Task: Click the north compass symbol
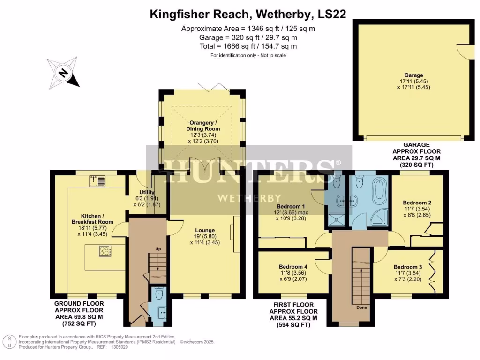tap(62, 73)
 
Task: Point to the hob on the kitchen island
tap(105, 251)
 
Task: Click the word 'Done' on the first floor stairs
tap(361, 307)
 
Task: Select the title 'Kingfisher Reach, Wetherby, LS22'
tap(248, 14)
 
